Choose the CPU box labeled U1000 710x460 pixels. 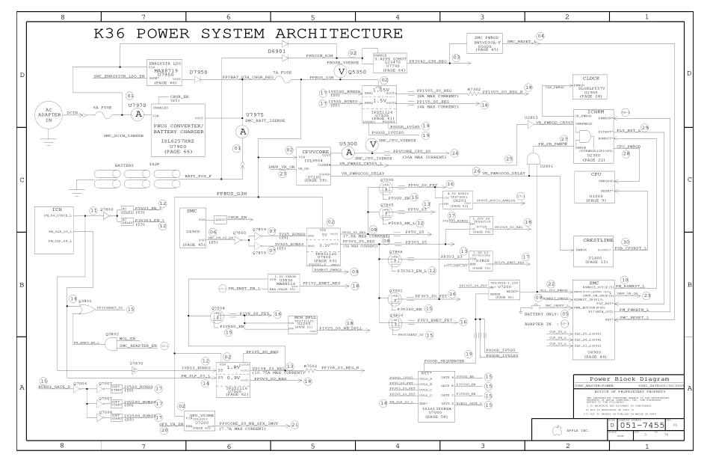coord(595,187)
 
